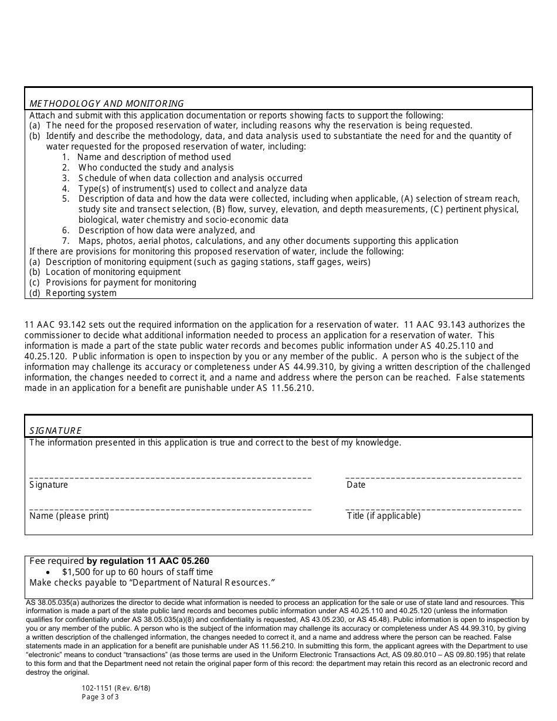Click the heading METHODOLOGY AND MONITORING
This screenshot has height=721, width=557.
pyautogui.click(x=106, y=104)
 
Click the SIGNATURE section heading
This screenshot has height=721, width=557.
pyautogui.click(x=56, y=431)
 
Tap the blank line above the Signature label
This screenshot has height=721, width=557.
pyautogui.click(x=170, y=477)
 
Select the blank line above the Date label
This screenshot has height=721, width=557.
pyautogui.click(x=433, y=477)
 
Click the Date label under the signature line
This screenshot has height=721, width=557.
pyautogui.click(x=356, y=485)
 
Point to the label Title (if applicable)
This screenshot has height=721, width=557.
pyautogui.click(x=383, y=516)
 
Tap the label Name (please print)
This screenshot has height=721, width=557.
pyautogui.click(x=69, y=516)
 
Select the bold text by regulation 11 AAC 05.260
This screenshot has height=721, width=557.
pyautogui.click(x=148, y=561)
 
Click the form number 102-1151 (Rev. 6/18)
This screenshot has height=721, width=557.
pyautogui.click(x=116, y=688)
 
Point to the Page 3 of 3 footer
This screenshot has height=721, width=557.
pyautogui.click(x=100, y=698)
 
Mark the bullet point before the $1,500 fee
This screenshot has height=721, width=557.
pyautogui.click(x=48, y=572)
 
